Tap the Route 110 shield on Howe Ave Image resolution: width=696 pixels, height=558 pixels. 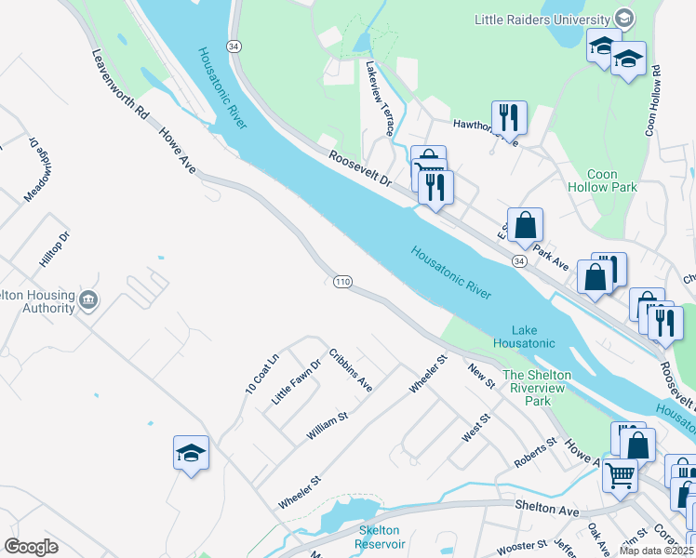341,281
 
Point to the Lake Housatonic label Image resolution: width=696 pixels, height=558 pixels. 532,337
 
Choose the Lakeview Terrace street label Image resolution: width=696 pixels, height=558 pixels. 381,96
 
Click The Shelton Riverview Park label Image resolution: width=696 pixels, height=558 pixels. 539,388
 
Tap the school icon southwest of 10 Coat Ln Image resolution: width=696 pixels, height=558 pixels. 192,453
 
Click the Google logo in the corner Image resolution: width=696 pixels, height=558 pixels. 31,547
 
